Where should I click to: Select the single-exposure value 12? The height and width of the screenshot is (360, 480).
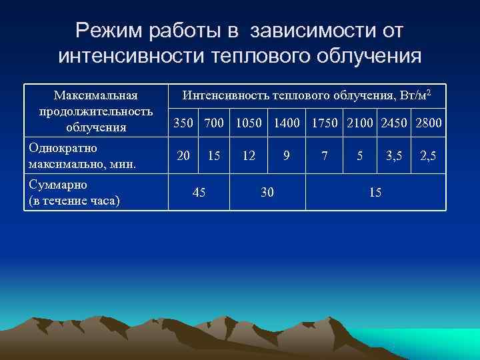pyautogui.click(x=249, y=156)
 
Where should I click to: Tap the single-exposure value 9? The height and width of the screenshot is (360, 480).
pyautogui.click(x=286, y=156)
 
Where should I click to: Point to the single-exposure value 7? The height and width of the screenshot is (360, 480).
pyautogui.click(x=325, y=156)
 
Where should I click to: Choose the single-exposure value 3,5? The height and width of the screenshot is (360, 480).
pyautogui.click(x=395, y=156)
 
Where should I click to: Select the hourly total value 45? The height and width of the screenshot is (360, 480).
pyautogui.click(x=199, y=192)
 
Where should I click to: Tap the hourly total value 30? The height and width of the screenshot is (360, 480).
pyautogui.click(x=267, y=192)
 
